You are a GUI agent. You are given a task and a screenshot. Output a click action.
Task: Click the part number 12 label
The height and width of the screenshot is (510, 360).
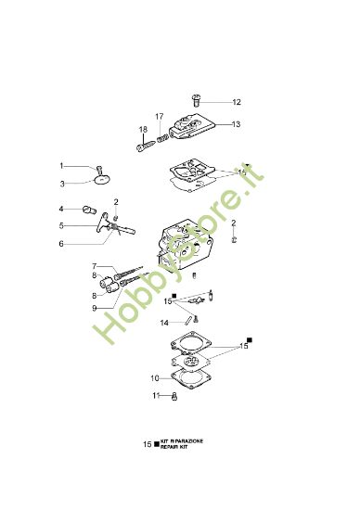[x=236, y=102]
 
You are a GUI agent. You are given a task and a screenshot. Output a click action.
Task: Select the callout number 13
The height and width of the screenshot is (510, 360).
[x=236, y=123]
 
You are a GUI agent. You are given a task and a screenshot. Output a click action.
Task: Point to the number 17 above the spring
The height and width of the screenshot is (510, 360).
[x=160, y=116]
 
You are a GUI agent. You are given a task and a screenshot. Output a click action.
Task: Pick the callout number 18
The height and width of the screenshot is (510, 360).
[x=143, y=129]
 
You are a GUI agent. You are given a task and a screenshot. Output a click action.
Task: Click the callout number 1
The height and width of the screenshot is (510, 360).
[x=62, y=165]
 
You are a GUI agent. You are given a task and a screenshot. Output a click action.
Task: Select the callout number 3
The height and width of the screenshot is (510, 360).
[x=62, y=183]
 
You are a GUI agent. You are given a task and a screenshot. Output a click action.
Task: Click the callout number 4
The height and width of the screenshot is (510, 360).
[x=62, y=209]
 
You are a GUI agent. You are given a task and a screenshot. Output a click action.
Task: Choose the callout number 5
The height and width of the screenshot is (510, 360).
[x=62, y=225]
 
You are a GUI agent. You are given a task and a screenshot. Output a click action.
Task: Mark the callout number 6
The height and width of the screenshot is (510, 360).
[x=62, y=244]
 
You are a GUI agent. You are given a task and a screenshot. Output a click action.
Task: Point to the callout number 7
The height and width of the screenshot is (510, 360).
[x=94, y=267]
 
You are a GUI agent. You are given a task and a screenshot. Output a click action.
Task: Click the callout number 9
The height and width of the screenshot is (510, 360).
[x=94, y=307]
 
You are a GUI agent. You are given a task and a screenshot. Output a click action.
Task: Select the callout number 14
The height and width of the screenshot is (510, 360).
[x=163, y=323]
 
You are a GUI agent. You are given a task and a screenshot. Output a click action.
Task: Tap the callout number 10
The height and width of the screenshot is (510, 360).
[x=155, y=378]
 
